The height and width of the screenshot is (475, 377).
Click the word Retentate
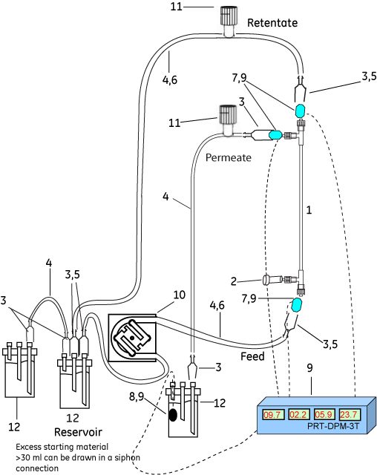(x=272, y=23)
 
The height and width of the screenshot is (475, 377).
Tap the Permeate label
(x=227, y=158)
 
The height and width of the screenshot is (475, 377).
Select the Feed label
(x=252, y=356)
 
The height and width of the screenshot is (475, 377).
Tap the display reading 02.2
(x=299, y=414)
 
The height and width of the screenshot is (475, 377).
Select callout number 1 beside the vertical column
(x=309, y=210)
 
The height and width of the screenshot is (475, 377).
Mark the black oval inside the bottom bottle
(x=174, y=415)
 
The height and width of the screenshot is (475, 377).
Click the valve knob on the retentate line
(x=227, y=15)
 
